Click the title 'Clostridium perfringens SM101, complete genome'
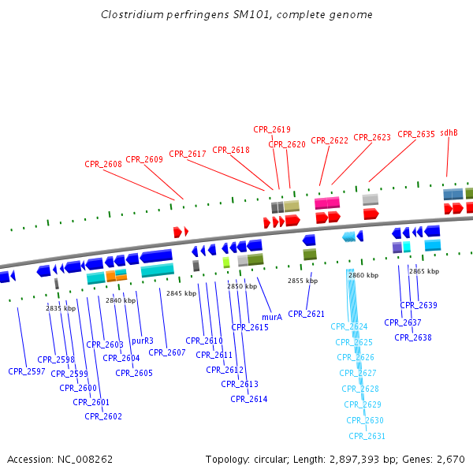coord(236,14)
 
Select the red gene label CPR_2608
coord(103,164)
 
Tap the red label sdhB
coord(449,132)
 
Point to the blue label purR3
coord(143,341)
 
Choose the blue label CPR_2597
coord(27,371)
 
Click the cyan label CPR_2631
coord(367,436)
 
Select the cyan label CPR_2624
coord(349,326)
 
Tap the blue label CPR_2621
coord(307,314)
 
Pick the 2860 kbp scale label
coord(363,275)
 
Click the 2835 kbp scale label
coord(61,308)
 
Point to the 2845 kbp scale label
coord(181,293)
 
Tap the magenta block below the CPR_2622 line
coord(327,203)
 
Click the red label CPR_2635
coord(416,134)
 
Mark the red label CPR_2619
coord(272,129)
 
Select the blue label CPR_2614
coord(249,399)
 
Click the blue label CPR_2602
coord(103,416)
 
